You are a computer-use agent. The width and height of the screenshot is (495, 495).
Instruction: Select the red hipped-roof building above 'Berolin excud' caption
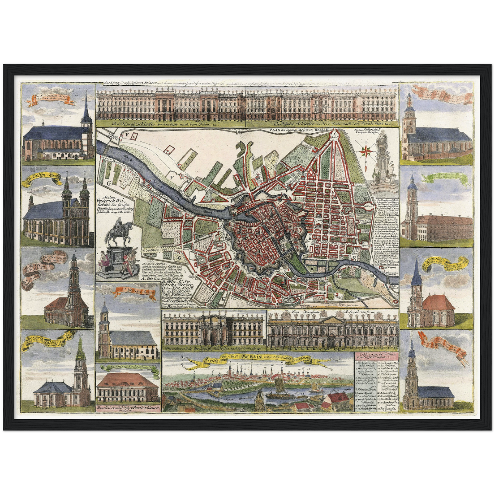pos(127,380)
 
